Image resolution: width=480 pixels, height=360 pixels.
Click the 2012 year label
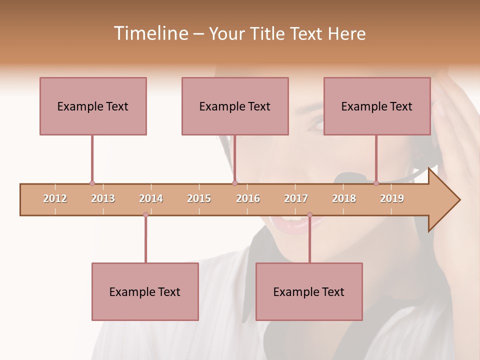tap(55, 199)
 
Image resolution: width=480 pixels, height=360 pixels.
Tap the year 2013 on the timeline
tap(103, 199)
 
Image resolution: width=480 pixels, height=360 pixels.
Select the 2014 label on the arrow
tap(151, 199)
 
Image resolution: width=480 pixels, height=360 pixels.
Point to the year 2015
tap(199, 199)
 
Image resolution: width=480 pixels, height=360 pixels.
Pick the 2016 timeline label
tap(248, 199)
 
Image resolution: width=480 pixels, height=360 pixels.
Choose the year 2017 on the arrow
tap(296, 199)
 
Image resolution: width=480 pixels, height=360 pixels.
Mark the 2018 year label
tap(344, 199)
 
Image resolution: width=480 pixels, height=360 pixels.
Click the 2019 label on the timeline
tap(392, 199)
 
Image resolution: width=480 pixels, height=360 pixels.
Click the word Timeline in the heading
tap(150, 33)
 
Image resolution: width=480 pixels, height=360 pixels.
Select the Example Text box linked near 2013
tap(93, 106)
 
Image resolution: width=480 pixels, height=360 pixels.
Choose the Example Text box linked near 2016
tap(235, 106)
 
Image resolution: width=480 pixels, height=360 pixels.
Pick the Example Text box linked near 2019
tap(377, 106)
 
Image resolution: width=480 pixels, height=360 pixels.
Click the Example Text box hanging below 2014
tap(145, 291)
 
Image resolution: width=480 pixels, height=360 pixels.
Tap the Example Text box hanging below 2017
tap(309, 291)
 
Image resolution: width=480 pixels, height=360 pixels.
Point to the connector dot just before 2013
tap(92, 183)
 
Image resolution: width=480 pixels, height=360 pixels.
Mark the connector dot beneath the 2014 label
tap(145, 215)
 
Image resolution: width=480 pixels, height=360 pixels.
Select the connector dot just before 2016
tap(235, 183)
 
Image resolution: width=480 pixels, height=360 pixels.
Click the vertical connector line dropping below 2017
tap(309, 240)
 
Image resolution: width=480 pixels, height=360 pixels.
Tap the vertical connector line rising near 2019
tap(376, 159)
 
